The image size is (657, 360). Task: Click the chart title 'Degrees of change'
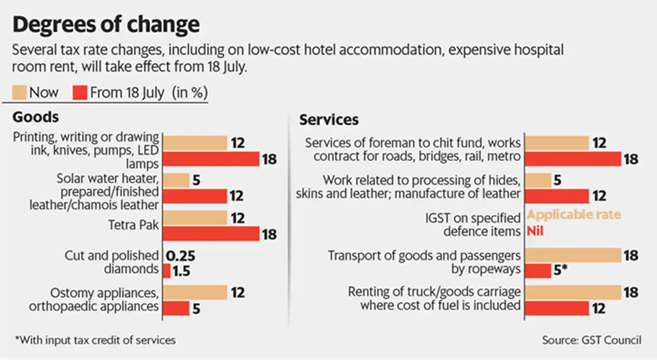pos(107,24)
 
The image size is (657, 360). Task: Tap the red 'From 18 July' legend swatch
pos(80,93)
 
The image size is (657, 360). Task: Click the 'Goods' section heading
pos(36,118)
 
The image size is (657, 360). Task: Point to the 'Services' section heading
pos(329,120)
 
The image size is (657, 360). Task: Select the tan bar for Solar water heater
pos(177,180)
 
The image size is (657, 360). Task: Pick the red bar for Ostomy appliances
pos(177,307)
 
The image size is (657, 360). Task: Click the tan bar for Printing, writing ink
pos(195,143)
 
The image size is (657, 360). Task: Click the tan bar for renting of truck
pos(575,292)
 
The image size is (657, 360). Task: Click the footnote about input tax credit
pos(98,339)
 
